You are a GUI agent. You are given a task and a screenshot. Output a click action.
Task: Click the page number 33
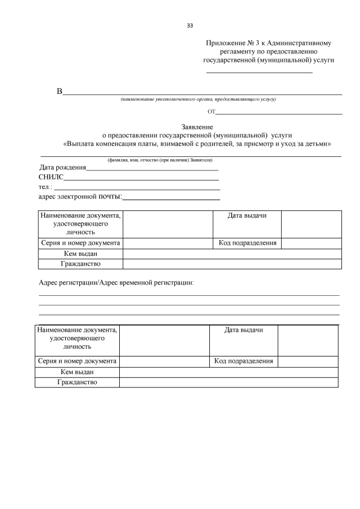pos(190,26)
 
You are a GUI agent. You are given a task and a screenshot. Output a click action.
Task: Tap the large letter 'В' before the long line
pos(59,92)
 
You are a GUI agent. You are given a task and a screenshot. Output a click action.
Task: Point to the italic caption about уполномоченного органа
pos(197,100)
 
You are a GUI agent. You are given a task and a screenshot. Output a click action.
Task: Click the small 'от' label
pos(211,112)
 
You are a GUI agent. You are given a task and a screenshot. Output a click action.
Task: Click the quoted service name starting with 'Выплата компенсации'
pos(197,143)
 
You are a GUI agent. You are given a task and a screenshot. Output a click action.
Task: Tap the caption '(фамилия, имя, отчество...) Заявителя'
pos(160,160)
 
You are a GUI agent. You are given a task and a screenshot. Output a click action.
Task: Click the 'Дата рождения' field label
pos(62,168)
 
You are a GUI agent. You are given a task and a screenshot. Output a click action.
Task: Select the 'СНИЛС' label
pos(51,177)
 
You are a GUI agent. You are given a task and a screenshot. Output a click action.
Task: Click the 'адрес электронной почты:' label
pos(80,196)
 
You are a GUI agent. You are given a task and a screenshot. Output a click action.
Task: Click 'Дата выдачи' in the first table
pos(246,216)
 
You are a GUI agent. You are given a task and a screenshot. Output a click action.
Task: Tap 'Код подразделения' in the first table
pos(247,243)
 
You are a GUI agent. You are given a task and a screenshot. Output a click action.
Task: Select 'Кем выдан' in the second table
pos(77,372)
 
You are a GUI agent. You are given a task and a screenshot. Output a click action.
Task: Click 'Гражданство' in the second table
pos(77,382)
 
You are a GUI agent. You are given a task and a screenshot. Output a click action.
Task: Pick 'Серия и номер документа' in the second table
pos(77,361)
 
